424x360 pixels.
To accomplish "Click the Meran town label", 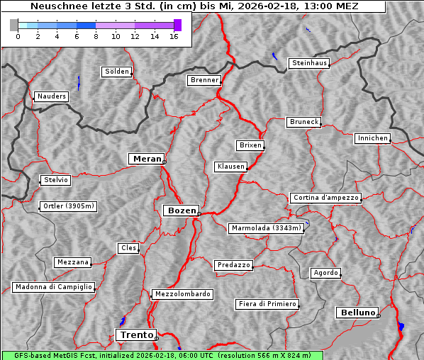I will coord(147,159).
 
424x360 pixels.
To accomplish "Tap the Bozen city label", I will coord(181,210).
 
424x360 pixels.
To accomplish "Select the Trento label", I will coord(135,334).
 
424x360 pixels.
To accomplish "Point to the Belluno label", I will coord(357,312).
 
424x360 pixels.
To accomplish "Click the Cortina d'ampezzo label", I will coord(325,198).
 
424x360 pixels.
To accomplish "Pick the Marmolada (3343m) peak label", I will coord(267,228).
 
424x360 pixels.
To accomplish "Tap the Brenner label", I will coord(204,80).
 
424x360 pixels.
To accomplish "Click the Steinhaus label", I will coord(310,63).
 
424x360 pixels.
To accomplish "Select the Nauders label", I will coord(52,96).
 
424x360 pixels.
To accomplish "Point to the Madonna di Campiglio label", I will coord(53,287).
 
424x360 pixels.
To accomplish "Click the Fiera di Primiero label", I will coord(267,304).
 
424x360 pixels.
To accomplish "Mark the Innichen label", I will coord(372,138).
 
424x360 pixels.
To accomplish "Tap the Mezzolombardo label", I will coord(182,294).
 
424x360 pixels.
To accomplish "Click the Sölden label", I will coord(117,72).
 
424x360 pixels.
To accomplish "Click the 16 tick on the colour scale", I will coord(174,36).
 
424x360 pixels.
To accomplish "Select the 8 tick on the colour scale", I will coord(96,36).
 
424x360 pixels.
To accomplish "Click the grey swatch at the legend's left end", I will coord(14,25).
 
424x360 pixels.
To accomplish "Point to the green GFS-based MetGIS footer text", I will coord(162,355).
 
